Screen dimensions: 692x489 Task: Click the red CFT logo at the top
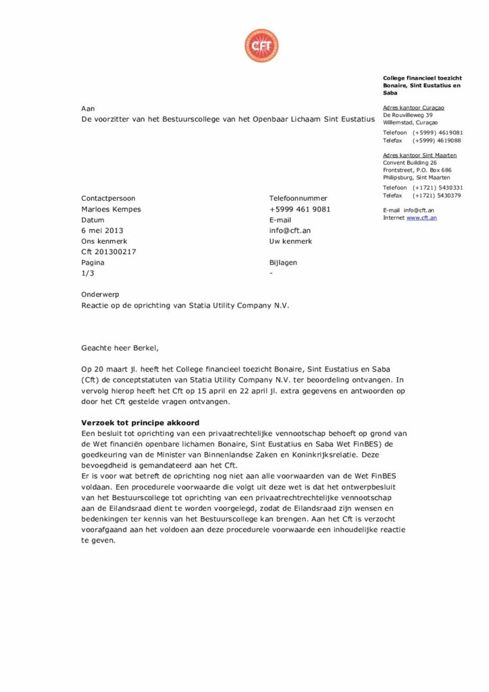point(261,46)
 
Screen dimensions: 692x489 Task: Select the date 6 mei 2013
point(102,230)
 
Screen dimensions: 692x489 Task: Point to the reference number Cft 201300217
point(109,252)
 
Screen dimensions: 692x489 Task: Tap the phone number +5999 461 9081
point(300,209)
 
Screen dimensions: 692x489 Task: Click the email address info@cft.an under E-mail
point(290,230)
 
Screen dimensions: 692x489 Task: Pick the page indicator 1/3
point(88,274)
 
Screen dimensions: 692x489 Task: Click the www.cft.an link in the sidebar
point(421,218)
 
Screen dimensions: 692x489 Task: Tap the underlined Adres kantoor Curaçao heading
point(413,107)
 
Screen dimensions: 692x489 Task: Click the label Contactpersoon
point(108,199)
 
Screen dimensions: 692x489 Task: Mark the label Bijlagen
point(283,263)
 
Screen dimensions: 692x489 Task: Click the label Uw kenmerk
point(290,241)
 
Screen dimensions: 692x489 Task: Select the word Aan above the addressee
point(88,107)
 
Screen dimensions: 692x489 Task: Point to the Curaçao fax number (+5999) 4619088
point(437,141)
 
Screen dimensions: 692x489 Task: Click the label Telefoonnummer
point(298,199)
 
